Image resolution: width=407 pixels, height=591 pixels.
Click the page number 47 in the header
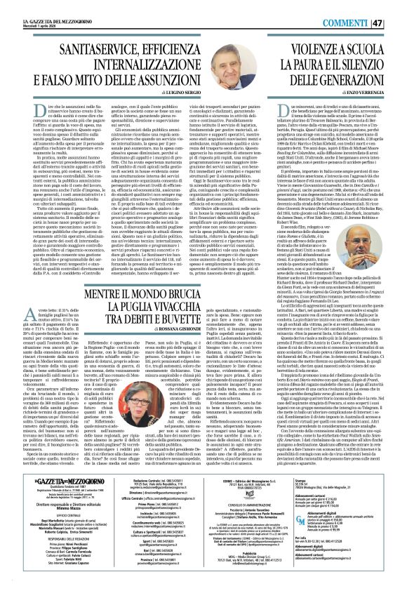click(x=396, y=8)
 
